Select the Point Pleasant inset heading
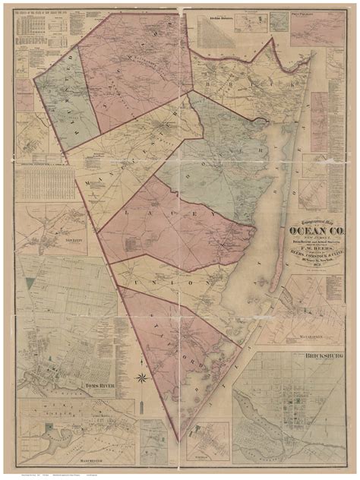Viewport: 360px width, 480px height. coord(305,12)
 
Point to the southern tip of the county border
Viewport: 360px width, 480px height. coord(178,441)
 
